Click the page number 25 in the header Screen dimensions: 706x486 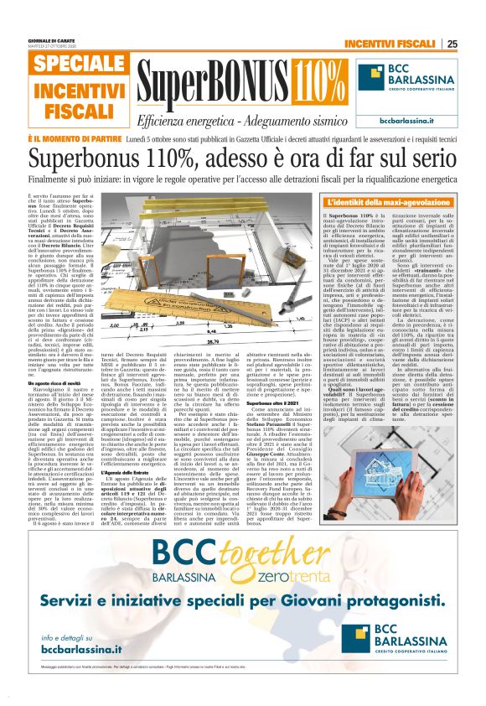tap(452, 44)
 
